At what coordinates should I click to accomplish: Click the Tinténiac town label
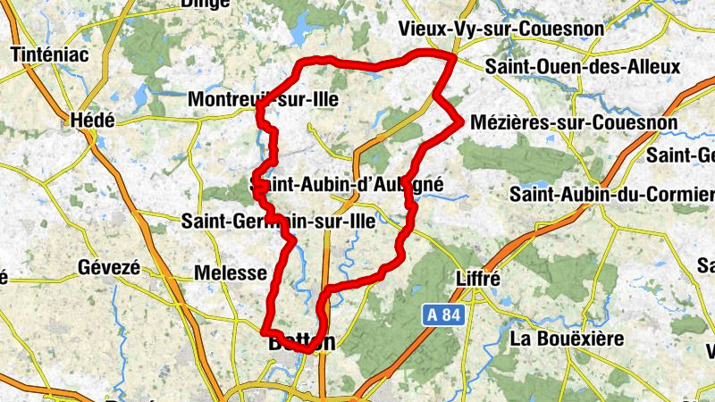(x=50, y=55)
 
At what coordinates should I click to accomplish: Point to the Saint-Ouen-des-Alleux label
(x=582, y=67)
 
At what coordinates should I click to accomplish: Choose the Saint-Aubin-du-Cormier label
(x=611, y=194)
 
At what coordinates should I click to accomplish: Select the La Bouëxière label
(x=566, y=339)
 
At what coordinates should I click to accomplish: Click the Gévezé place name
(x=109, y=267)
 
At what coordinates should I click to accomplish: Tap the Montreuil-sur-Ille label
(x=262, y=100)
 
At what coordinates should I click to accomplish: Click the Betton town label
(x=302, y=341)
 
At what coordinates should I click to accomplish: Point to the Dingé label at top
(x=205, y=4)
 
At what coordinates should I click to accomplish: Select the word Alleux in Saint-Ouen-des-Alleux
(x=651, y=67)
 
